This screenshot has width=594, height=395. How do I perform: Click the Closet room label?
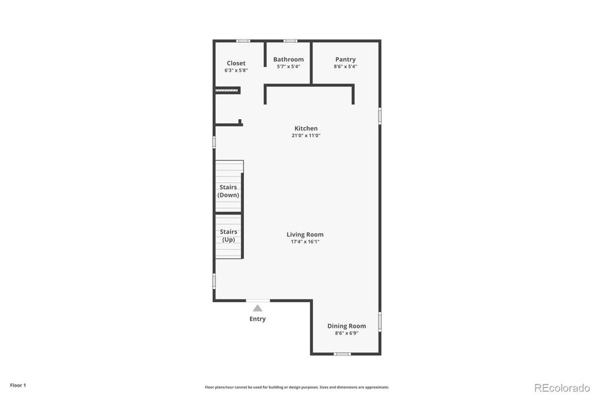tap(236, 63)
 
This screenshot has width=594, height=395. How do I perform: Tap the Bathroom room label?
tap(289, 59)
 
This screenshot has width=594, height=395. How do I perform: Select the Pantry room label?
tap(345, 59)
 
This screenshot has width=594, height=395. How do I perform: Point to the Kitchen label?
tap(306, 128)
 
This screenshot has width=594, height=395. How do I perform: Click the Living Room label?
tap(305, 234)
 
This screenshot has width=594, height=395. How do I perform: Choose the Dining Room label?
tap(347, 326)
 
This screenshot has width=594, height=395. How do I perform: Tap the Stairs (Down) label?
tap(229, 191)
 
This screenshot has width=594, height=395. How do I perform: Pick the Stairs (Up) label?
tap(229, 236)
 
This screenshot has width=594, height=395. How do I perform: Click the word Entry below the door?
tap(258, 319)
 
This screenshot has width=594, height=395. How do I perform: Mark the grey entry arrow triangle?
tap(258, 307)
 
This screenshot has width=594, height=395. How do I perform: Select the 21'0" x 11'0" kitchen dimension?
tap(306, 136)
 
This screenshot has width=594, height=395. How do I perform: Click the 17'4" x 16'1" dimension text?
tap(305, 242)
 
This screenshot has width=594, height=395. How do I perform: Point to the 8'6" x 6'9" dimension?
tap(347, 333)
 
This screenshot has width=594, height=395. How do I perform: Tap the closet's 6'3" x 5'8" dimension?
tap(236, 70)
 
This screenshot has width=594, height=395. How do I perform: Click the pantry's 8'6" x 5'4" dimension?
tap(345, 66)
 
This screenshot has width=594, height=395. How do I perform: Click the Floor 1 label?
tap(18, 385)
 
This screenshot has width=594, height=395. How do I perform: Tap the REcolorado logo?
tap(562, 387)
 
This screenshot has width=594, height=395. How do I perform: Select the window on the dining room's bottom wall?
tap(342, 354)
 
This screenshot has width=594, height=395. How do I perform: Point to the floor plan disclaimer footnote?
tap(297, 387)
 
